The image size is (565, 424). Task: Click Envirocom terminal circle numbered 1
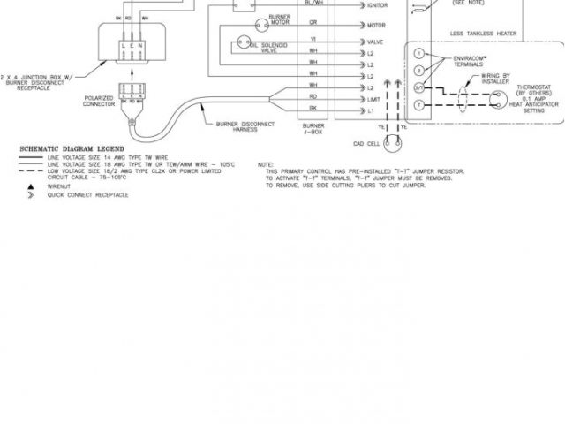418,53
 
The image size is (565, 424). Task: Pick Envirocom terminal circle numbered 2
418,70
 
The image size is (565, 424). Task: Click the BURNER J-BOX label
313,132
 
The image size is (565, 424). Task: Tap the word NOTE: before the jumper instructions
266,165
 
